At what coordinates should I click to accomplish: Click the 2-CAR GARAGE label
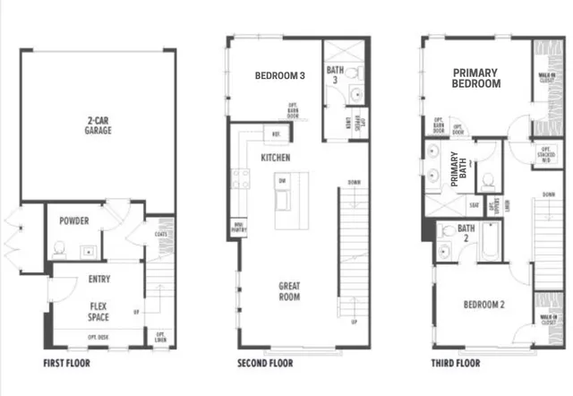[x=98, y=125]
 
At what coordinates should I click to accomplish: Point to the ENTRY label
[x=99, y=280]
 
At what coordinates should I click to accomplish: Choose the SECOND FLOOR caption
[x=265, y=364]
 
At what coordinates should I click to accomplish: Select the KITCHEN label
[x=275, y=158]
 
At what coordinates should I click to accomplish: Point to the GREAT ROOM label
[x=288, y=292]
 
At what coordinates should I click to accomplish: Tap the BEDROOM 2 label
[x=483, y=305]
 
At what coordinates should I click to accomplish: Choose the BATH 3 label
[x=336, y=74]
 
